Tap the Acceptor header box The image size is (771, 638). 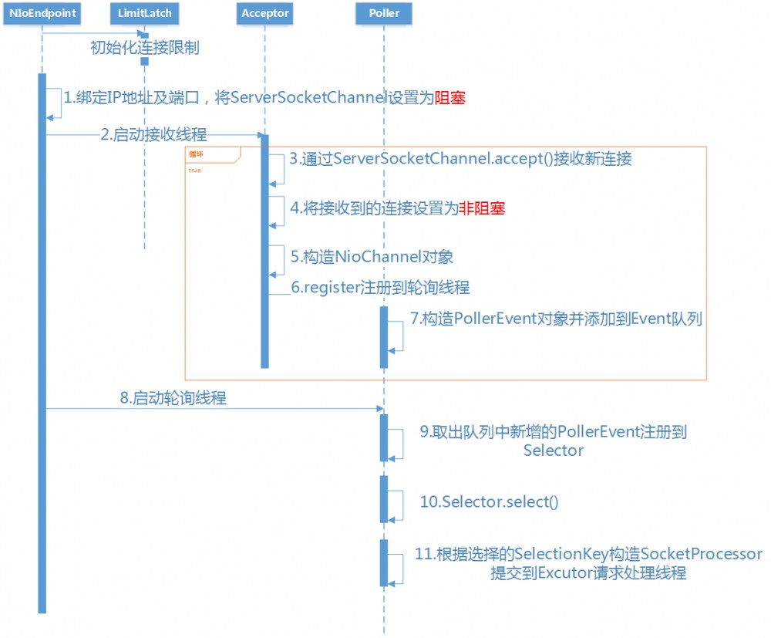pos(264,13)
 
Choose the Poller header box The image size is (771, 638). pos(384,13)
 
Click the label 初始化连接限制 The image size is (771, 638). pos(145,47)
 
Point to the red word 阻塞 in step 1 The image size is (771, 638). pos(451,98)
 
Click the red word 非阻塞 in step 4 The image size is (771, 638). pos(482,208)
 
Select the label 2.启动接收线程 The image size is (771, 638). pos(153,134)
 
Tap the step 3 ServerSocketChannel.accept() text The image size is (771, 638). pos(460,160)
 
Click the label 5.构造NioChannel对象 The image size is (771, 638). pos(377,256)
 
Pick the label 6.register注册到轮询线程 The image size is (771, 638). pos(380,287)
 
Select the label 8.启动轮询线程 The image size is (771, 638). pos(173,399)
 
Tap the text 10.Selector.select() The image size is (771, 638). pos(489,501)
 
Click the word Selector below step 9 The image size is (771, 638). pos(553,450)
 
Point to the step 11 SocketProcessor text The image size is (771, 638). pos(588,554)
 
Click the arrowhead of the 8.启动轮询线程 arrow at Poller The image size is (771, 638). pos(380,409)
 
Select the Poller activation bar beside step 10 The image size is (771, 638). pos(384,498)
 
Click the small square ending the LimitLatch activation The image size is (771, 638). pos(144,61)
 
